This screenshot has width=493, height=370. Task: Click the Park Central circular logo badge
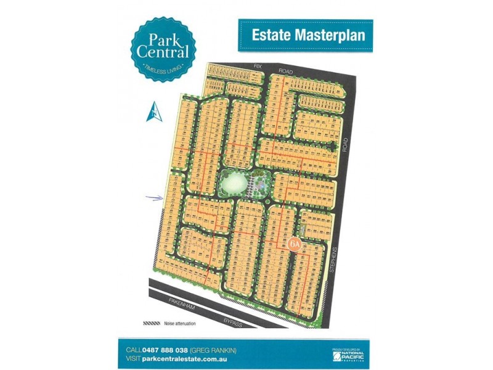[163, 49]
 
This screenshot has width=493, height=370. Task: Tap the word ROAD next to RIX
[285, 72]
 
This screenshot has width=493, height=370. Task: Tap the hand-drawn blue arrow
[153, 198]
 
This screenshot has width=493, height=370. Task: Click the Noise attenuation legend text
[180, 323]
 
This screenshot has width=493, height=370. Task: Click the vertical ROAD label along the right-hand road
[345, 144]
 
